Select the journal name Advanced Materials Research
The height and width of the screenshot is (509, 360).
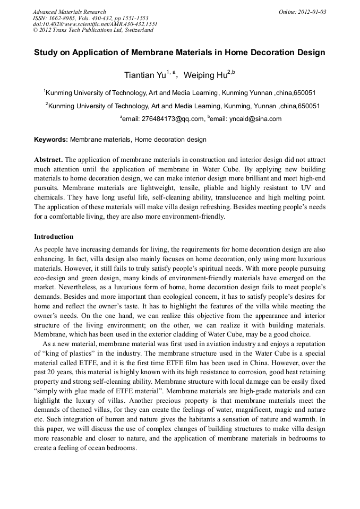point(69,12)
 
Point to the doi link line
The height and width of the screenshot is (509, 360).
point(95,24)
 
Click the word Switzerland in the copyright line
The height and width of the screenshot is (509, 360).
point(137,30)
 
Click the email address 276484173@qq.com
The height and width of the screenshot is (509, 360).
point(172,119)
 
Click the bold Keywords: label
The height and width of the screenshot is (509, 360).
point(51,140)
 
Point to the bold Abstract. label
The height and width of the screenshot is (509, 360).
point(48,160)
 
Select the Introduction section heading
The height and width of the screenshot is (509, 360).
point(54,236)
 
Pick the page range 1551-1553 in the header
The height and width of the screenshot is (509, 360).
point(138,18)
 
